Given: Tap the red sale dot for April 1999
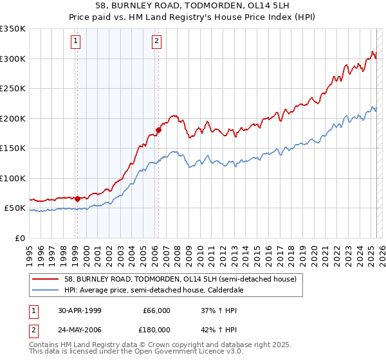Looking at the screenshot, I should tap(78, 199).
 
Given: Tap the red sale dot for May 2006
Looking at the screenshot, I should tap(158, 130).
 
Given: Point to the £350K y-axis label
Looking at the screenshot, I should tap(13, 29).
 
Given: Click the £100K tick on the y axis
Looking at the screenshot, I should tap(13, 178).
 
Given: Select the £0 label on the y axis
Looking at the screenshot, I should tap(20, 238).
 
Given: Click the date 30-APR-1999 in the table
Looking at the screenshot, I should tap(75, 310).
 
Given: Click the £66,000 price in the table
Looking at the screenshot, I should tap(154, 310).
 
